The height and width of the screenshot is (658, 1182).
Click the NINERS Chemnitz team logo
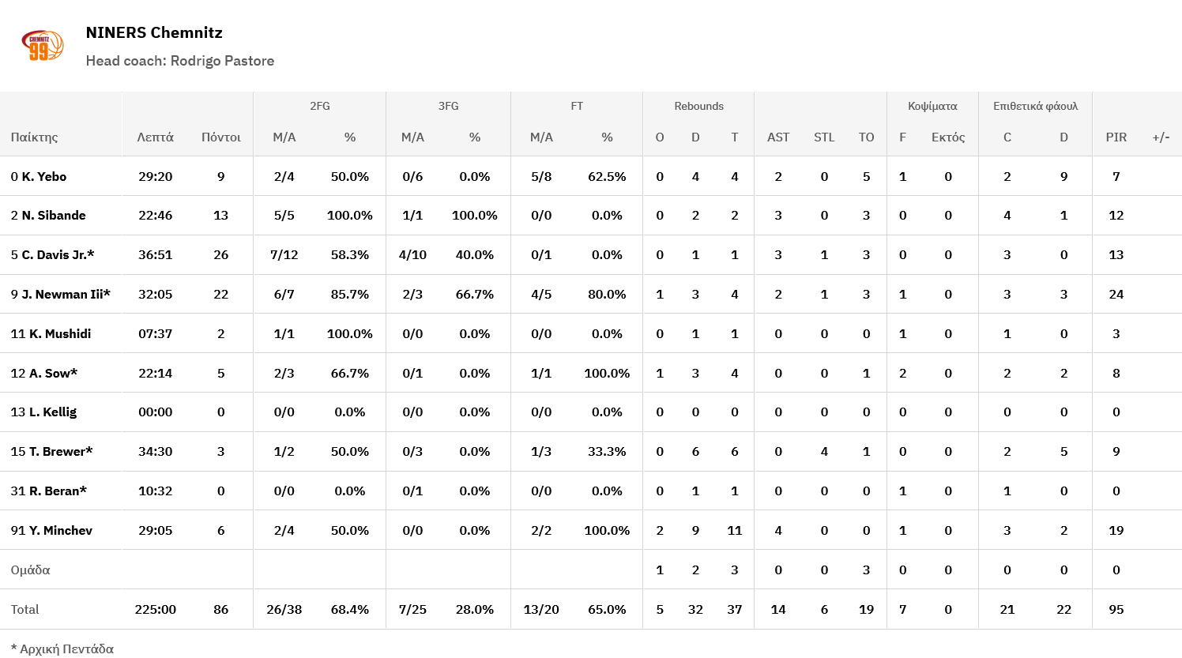click(x=42, y=46)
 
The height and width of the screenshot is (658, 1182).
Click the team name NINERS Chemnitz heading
click(x=154, y=32)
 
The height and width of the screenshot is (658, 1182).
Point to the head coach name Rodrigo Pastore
click(x=222, y=61)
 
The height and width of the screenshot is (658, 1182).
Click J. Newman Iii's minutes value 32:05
click(x=155, y=294)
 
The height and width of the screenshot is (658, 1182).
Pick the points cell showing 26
click(x=220, y=254)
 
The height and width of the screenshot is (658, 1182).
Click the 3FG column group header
click(x=448, y=106)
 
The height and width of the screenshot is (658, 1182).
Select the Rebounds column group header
click(x=698, y=106)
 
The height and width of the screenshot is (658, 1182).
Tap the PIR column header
click(x=1116, y=137)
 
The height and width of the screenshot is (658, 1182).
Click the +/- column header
click(x=1161, y=137)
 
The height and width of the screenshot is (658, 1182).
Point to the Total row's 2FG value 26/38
click(x=284, y=609)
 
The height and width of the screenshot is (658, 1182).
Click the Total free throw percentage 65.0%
click(x=607, y=609)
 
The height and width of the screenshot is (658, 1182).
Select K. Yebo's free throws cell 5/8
click(x=541, y=176)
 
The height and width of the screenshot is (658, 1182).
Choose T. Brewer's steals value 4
click(x=824, y=451)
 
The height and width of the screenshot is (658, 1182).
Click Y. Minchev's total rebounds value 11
click(x=734, y=530)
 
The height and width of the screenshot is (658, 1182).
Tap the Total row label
click(x=24, y=609)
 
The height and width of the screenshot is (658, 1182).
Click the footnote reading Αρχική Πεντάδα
click(x=62, y=649)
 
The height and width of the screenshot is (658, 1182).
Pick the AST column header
click(x=777, y=137)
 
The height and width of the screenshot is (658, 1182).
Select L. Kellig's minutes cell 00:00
click(x=155, y=412)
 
